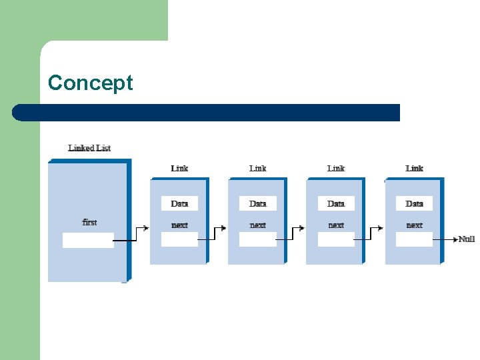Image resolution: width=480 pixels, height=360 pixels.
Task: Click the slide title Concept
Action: (91, 83)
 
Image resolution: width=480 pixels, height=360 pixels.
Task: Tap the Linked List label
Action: (89, 147)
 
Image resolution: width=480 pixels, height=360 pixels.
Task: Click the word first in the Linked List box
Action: (89, 222)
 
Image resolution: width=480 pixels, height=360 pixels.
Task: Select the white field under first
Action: (88, 240)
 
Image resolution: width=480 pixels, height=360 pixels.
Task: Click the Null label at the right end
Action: (467, 239)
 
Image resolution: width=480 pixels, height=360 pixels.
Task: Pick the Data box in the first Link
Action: (179, 203)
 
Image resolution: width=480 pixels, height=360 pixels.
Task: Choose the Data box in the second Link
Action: (257, 203)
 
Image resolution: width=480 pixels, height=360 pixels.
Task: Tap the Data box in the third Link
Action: (336, 203)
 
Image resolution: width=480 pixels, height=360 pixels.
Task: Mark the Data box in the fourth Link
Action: (414, 203)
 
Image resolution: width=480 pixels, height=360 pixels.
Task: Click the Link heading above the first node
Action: (179, 168)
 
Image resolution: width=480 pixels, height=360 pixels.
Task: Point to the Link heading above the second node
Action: (257, 168)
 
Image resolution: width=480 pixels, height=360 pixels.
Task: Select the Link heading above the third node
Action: (336, 168)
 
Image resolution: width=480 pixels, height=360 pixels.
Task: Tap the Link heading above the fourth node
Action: (414, 168)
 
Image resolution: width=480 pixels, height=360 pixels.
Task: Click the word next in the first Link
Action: (179, 225)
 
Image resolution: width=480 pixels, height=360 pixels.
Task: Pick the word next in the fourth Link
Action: (414, 225)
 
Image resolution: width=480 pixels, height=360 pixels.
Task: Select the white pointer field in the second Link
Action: (257, 239)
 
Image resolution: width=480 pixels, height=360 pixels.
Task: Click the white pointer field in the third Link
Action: (336, 239)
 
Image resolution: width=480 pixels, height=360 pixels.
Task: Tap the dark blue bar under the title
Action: (207, 112)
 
